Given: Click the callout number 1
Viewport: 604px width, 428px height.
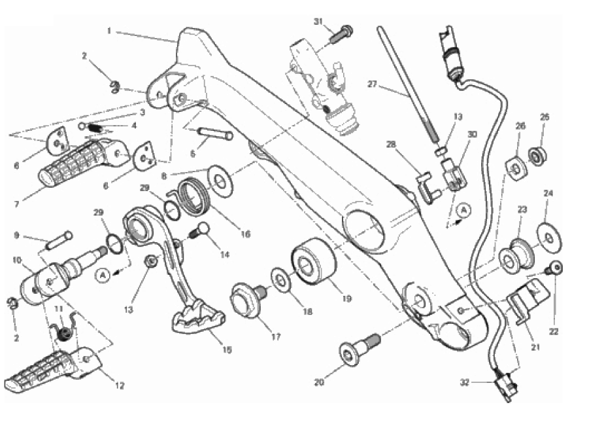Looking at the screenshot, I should tap(110, 30).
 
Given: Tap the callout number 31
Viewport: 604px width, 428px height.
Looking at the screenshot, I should tap(318, 22).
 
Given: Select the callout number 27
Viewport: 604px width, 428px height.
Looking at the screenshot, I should tap(373, 84).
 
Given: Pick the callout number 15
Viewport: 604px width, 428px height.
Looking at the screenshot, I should tap(227, 349).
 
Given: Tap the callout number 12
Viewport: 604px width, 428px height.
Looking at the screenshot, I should tap(120, 385).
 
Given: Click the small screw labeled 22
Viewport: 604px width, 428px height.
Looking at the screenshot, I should tap(555, 267).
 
